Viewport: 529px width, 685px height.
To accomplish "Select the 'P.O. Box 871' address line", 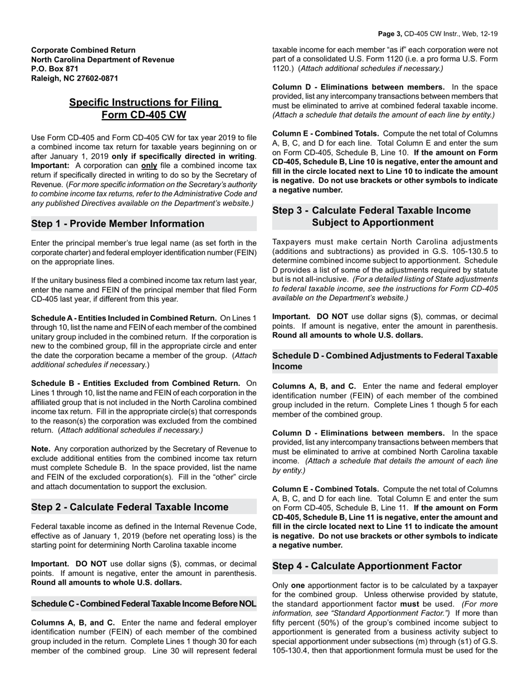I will (55, 69).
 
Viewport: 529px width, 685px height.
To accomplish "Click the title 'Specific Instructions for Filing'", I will (144, 102).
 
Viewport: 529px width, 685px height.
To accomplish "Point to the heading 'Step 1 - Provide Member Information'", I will (118, 224).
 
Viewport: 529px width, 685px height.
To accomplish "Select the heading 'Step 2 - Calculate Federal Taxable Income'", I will (130, 507).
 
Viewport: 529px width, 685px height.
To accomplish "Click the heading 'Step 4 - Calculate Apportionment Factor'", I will (367, 566).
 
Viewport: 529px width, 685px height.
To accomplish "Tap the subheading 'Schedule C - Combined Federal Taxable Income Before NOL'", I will (144, 604).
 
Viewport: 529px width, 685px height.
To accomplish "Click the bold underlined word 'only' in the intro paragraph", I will (149, 166).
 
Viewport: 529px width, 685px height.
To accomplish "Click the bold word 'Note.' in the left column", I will (41, 449).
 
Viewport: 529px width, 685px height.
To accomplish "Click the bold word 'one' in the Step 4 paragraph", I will (298, 585).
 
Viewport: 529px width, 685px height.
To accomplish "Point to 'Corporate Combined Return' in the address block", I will (83, 50).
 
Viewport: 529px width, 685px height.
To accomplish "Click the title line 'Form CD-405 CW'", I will (144, 115).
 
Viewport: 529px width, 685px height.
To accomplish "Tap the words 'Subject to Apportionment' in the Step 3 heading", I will (373, 223).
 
